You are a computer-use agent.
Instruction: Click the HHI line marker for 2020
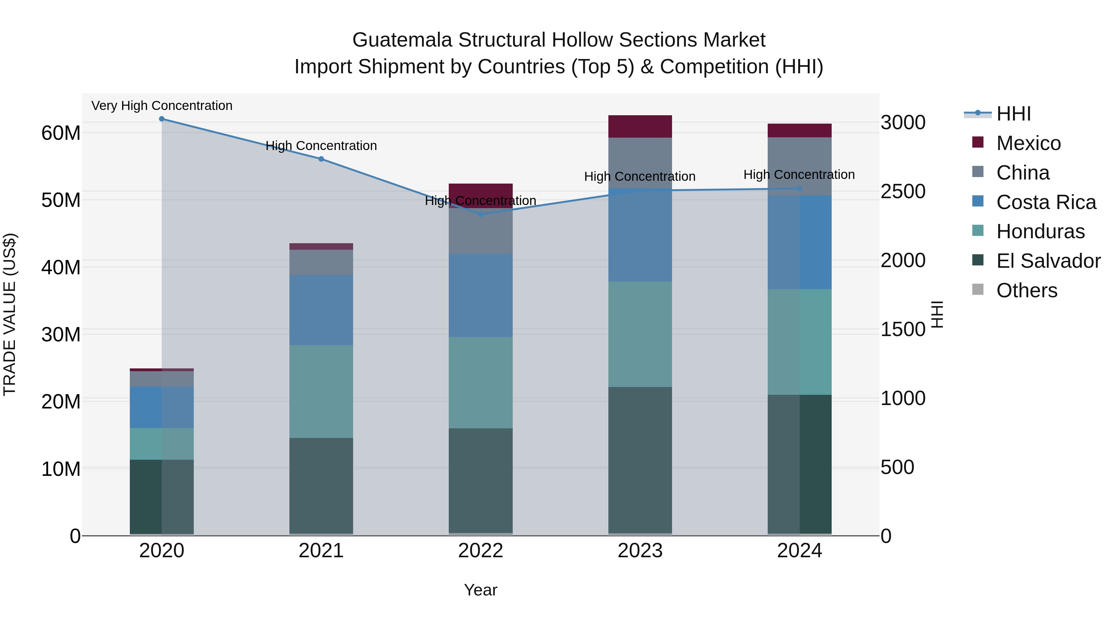click(x=162, y=119)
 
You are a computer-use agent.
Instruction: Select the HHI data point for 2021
click(x=321, y=159)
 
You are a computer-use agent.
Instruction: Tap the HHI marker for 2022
click(x=480, y=214)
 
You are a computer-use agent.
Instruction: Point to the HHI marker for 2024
click(x=799, y=189)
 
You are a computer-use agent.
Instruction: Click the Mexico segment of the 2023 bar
click(x=640, y=126)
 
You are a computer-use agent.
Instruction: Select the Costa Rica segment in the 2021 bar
click(x=321, y=310)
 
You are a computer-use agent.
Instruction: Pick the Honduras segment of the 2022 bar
click(x=480, y=382)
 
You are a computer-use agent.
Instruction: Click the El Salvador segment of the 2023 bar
click(x=640, y=460)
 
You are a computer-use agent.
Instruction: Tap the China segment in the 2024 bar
click(x=799, y=166)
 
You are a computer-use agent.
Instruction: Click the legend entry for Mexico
click(x=1028, y=143)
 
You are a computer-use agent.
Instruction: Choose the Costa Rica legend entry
click(x=1046, y=202)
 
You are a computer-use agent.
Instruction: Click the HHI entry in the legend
click(x=1013, y=114)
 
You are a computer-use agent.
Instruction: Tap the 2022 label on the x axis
click(x=480, y=551)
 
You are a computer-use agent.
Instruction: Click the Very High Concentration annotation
click(x=162, y=106)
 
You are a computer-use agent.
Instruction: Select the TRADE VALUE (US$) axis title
click(x=10, y=314)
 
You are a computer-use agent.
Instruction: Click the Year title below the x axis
click(x=480, y=590)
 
